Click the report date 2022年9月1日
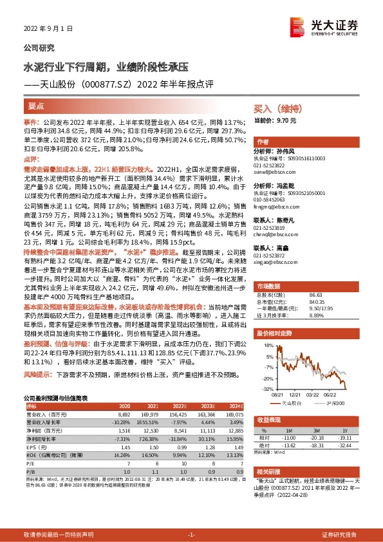[x=46, y=29]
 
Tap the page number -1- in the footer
[x=191, y=535]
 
